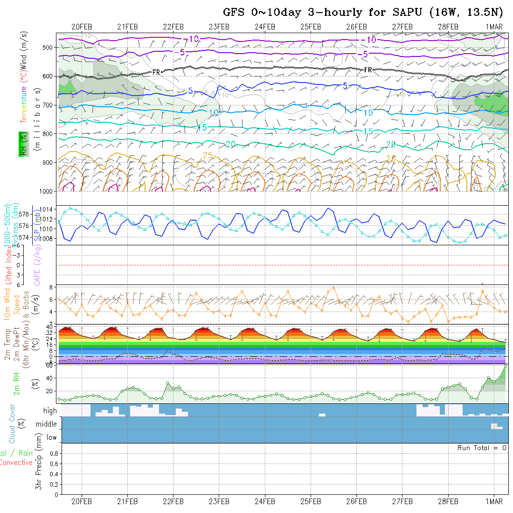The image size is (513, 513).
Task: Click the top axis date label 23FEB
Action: click(219, 27)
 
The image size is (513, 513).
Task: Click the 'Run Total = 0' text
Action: click(482, 448)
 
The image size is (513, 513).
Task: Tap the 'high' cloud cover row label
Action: click(50, 411)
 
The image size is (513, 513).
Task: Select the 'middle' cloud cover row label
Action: click(47, 424)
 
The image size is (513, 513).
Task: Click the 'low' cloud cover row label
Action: click(51, 437)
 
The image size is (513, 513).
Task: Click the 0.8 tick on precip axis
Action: click(54, 453)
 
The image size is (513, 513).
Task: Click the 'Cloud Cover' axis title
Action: click(12, 423)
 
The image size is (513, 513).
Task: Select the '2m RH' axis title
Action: click(17, 383)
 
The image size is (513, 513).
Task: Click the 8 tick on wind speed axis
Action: click(53, 287)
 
